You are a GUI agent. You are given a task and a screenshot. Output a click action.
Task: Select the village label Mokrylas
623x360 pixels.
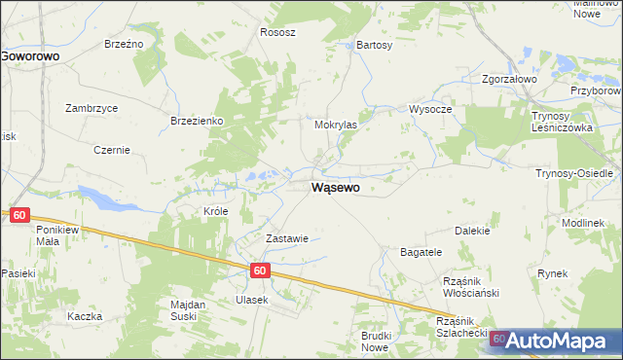point(336,126)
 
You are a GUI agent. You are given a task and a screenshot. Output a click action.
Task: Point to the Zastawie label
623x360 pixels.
point(287,238)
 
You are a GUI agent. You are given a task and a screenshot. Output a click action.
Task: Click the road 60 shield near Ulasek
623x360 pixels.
point(258,272)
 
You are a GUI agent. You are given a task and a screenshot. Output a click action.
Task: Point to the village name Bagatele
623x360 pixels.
point(421,252)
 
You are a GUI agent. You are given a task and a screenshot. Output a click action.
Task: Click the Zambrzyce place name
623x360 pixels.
point(92,108)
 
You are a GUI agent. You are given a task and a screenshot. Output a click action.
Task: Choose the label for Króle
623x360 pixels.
point(216,211)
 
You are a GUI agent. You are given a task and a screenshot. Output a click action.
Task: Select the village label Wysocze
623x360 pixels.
point(430,109)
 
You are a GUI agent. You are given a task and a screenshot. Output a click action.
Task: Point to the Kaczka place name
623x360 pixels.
point(85,317)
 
